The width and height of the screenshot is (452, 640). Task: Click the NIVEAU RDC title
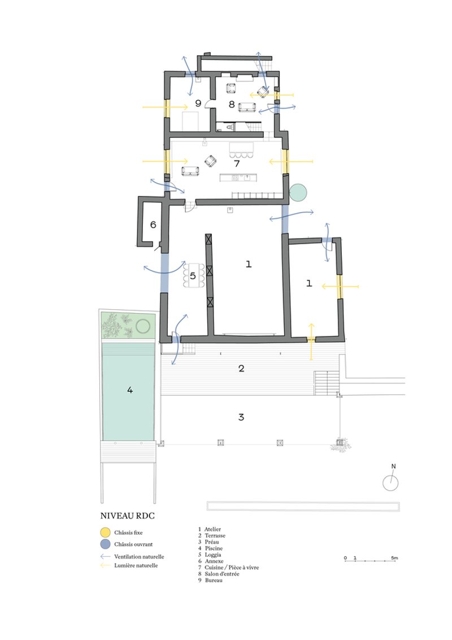127,516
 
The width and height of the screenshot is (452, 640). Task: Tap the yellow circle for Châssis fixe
105,532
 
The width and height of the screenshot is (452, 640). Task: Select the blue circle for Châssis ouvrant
105,544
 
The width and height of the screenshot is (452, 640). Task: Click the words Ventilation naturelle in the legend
139,556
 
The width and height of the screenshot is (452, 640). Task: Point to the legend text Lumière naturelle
136,565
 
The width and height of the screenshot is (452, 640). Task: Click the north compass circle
390,483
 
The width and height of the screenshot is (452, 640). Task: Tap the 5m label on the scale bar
394,557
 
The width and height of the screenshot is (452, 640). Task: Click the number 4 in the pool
130,390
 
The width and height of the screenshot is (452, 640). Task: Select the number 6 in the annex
153,224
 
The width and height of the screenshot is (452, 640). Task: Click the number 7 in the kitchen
237,163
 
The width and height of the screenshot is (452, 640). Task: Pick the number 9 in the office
198,103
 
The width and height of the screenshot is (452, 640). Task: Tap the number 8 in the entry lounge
231,105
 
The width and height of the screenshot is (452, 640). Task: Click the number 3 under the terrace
241,417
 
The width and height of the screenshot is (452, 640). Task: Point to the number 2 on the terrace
241,369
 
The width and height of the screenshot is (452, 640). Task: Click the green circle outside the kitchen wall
298,193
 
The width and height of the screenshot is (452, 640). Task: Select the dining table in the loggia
194,275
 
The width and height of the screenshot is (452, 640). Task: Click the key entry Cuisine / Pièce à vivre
232,567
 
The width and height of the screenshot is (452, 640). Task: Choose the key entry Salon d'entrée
222,574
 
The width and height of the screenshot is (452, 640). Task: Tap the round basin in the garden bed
143,326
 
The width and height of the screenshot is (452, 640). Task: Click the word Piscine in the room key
214,548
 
